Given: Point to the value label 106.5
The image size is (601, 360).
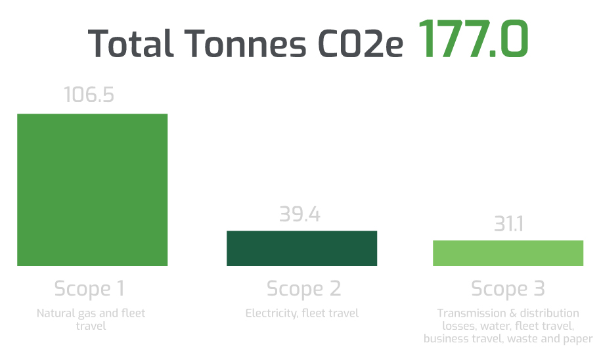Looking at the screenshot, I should click(x=89, y=95).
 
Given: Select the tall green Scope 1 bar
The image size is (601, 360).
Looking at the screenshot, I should click(x=92, y=190).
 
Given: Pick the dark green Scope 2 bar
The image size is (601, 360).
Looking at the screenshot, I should click(x=301, y=248).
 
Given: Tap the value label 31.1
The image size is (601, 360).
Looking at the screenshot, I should click(x=508, y=225).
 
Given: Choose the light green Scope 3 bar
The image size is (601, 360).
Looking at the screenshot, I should click(x=508, y=253).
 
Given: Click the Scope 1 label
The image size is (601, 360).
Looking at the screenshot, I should click(x=89, y=288).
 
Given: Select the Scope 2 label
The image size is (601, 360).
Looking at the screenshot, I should click(x=303, y=288).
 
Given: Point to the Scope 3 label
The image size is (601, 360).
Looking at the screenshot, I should click(x=508, y=288).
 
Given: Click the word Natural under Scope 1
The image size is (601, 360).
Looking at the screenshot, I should click(x=55, y=313).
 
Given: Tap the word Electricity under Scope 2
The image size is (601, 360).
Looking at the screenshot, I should click(x=271, y=313).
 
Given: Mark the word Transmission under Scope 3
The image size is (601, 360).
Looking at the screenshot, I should click(x=470, y=313).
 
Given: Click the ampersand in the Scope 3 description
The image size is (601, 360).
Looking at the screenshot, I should click(x=510, y=313).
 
